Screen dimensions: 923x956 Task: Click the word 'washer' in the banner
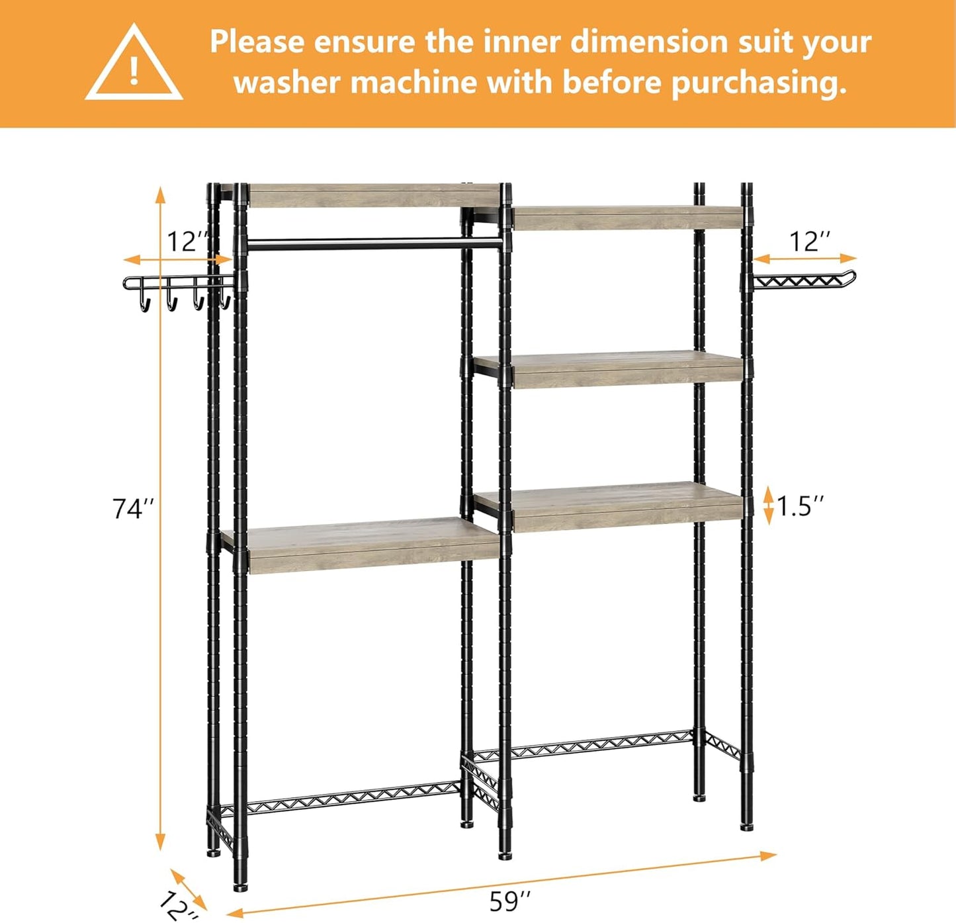tap(286, 83)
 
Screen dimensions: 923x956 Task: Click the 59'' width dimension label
tap(510, 901)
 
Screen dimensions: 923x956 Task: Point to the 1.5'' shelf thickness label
tap(801, 506)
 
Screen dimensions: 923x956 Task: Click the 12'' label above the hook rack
tap(188, 242)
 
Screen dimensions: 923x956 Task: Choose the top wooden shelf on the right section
tap(625, 218)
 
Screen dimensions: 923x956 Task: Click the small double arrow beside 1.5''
tap(768, 505)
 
